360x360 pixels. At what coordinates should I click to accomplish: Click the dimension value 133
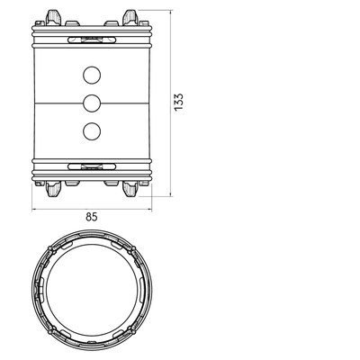pos(178,102)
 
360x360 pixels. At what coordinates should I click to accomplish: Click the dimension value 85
pos(92,217)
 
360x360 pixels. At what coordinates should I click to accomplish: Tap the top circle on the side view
pos(92,75)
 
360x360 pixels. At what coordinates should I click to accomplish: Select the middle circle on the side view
pos(92,103)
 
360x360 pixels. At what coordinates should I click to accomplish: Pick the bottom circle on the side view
pos(92,131)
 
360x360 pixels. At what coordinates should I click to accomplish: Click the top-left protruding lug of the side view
pos(54,17)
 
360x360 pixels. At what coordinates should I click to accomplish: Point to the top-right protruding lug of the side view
pos(130,17)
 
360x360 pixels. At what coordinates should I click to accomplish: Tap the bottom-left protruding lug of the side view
pos(54,189)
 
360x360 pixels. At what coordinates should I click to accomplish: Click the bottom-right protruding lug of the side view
pos(130,189)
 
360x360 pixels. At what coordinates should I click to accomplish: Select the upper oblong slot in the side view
pos(92,40)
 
